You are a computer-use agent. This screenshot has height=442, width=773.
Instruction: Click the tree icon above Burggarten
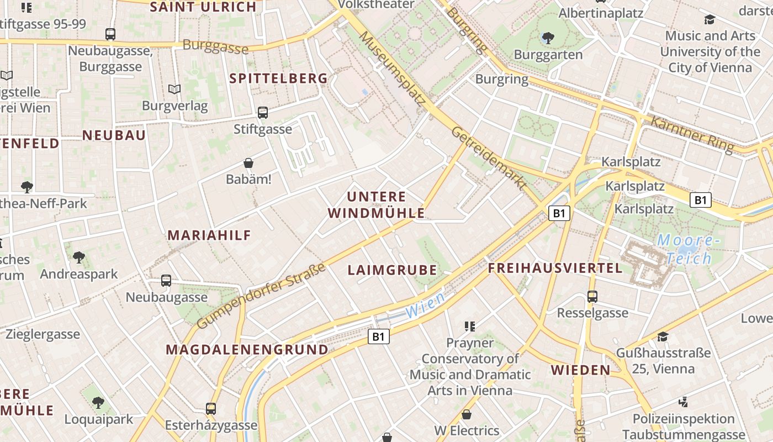[548, 38]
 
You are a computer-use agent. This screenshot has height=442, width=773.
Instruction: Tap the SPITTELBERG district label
[279, 78]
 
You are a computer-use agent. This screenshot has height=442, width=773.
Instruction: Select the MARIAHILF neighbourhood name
[209, 235]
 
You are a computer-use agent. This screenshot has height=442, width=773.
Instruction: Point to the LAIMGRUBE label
[392, 270]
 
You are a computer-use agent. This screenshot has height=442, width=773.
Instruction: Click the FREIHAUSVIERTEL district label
[555, 269]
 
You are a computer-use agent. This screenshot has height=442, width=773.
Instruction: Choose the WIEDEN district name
[580, 370]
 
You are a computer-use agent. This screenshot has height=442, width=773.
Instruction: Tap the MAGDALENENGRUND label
[247, 350]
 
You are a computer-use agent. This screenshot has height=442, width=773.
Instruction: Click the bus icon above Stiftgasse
[263, 113]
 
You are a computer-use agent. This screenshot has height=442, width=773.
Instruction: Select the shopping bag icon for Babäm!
[248, 163]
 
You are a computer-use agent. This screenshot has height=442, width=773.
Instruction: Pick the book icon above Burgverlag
[174, 89]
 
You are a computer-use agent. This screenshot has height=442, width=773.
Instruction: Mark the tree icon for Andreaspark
[78, 257]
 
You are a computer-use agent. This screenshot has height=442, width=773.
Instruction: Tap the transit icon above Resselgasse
[592, 297]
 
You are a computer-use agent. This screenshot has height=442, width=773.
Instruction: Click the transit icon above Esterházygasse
[210, 409]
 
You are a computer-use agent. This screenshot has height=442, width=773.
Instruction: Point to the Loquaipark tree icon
[98, 402]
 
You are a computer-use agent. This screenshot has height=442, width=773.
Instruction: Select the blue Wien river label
[425, 306]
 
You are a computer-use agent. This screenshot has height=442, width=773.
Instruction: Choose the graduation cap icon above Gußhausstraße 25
[663, 336]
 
